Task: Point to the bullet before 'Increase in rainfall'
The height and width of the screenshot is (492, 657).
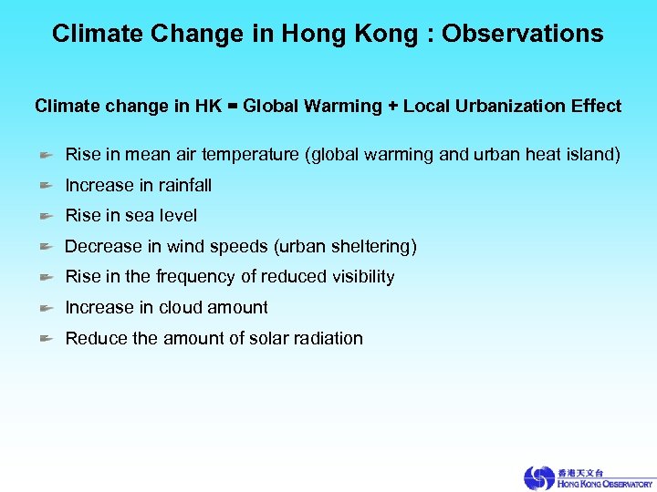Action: (x=47, y=186)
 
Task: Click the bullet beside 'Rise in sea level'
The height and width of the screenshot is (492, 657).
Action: (x=47, y=217)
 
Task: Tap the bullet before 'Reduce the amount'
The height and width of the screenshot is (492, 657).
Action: (x=47, y=339)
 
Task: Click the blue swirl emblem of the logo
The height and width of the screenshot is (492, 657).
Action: (x=538, y=478)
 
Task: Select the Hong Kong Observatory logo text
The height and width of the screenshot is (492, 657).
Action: (x=604, y=484)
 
